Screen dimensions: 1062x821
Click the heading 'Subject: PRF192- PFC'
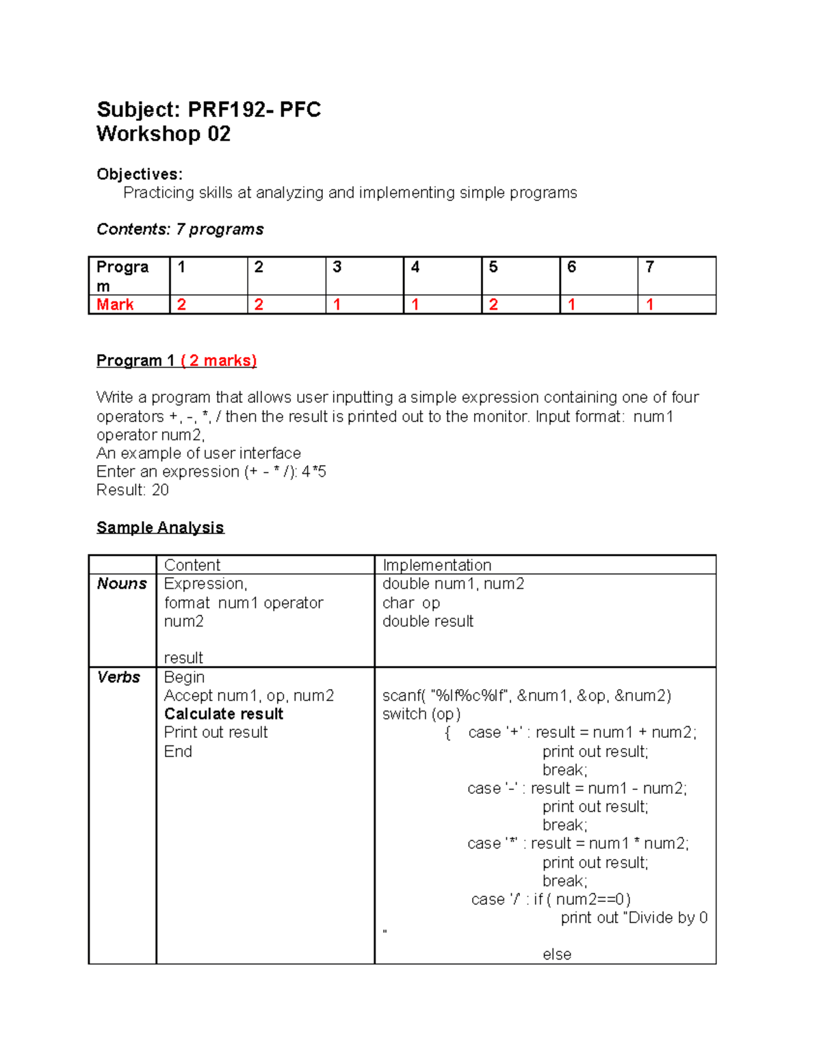pos(209,109)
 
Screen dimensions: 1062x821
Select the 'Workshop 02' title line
pos(164,134)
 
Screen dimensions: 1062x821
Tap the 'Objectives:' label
pos(140,174)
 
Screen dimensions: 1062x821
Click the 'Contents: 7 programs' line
pos(180,229)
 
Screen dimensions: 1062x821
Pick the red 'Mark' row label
pos(115,304)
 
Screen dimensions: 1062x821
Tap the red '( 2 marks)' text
pos(219,360)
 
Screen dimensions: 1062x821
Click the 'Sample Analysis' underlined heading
pos(160,527)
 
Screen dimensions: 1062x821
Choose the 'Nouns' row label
pos(122,583)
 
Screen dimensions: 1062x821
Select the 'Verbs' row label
pos(118,677)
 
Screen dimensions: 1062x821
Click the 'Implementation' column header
pos(436,565)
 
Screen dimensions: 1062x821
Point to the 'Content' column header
pos(192,565)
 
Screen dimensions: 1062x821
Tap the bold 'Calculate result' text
pos(224,714)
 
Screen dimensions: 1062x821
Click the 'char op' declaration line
pos(411,602)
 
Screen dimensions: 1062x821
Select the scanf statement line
pos(526,695)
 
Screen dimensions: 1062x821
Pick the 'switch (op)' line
pos(421,714)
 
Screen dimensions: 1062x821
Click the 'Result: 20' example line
pos(133,490)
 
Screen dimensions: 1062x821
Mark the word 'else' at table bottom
pos(557,954)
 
